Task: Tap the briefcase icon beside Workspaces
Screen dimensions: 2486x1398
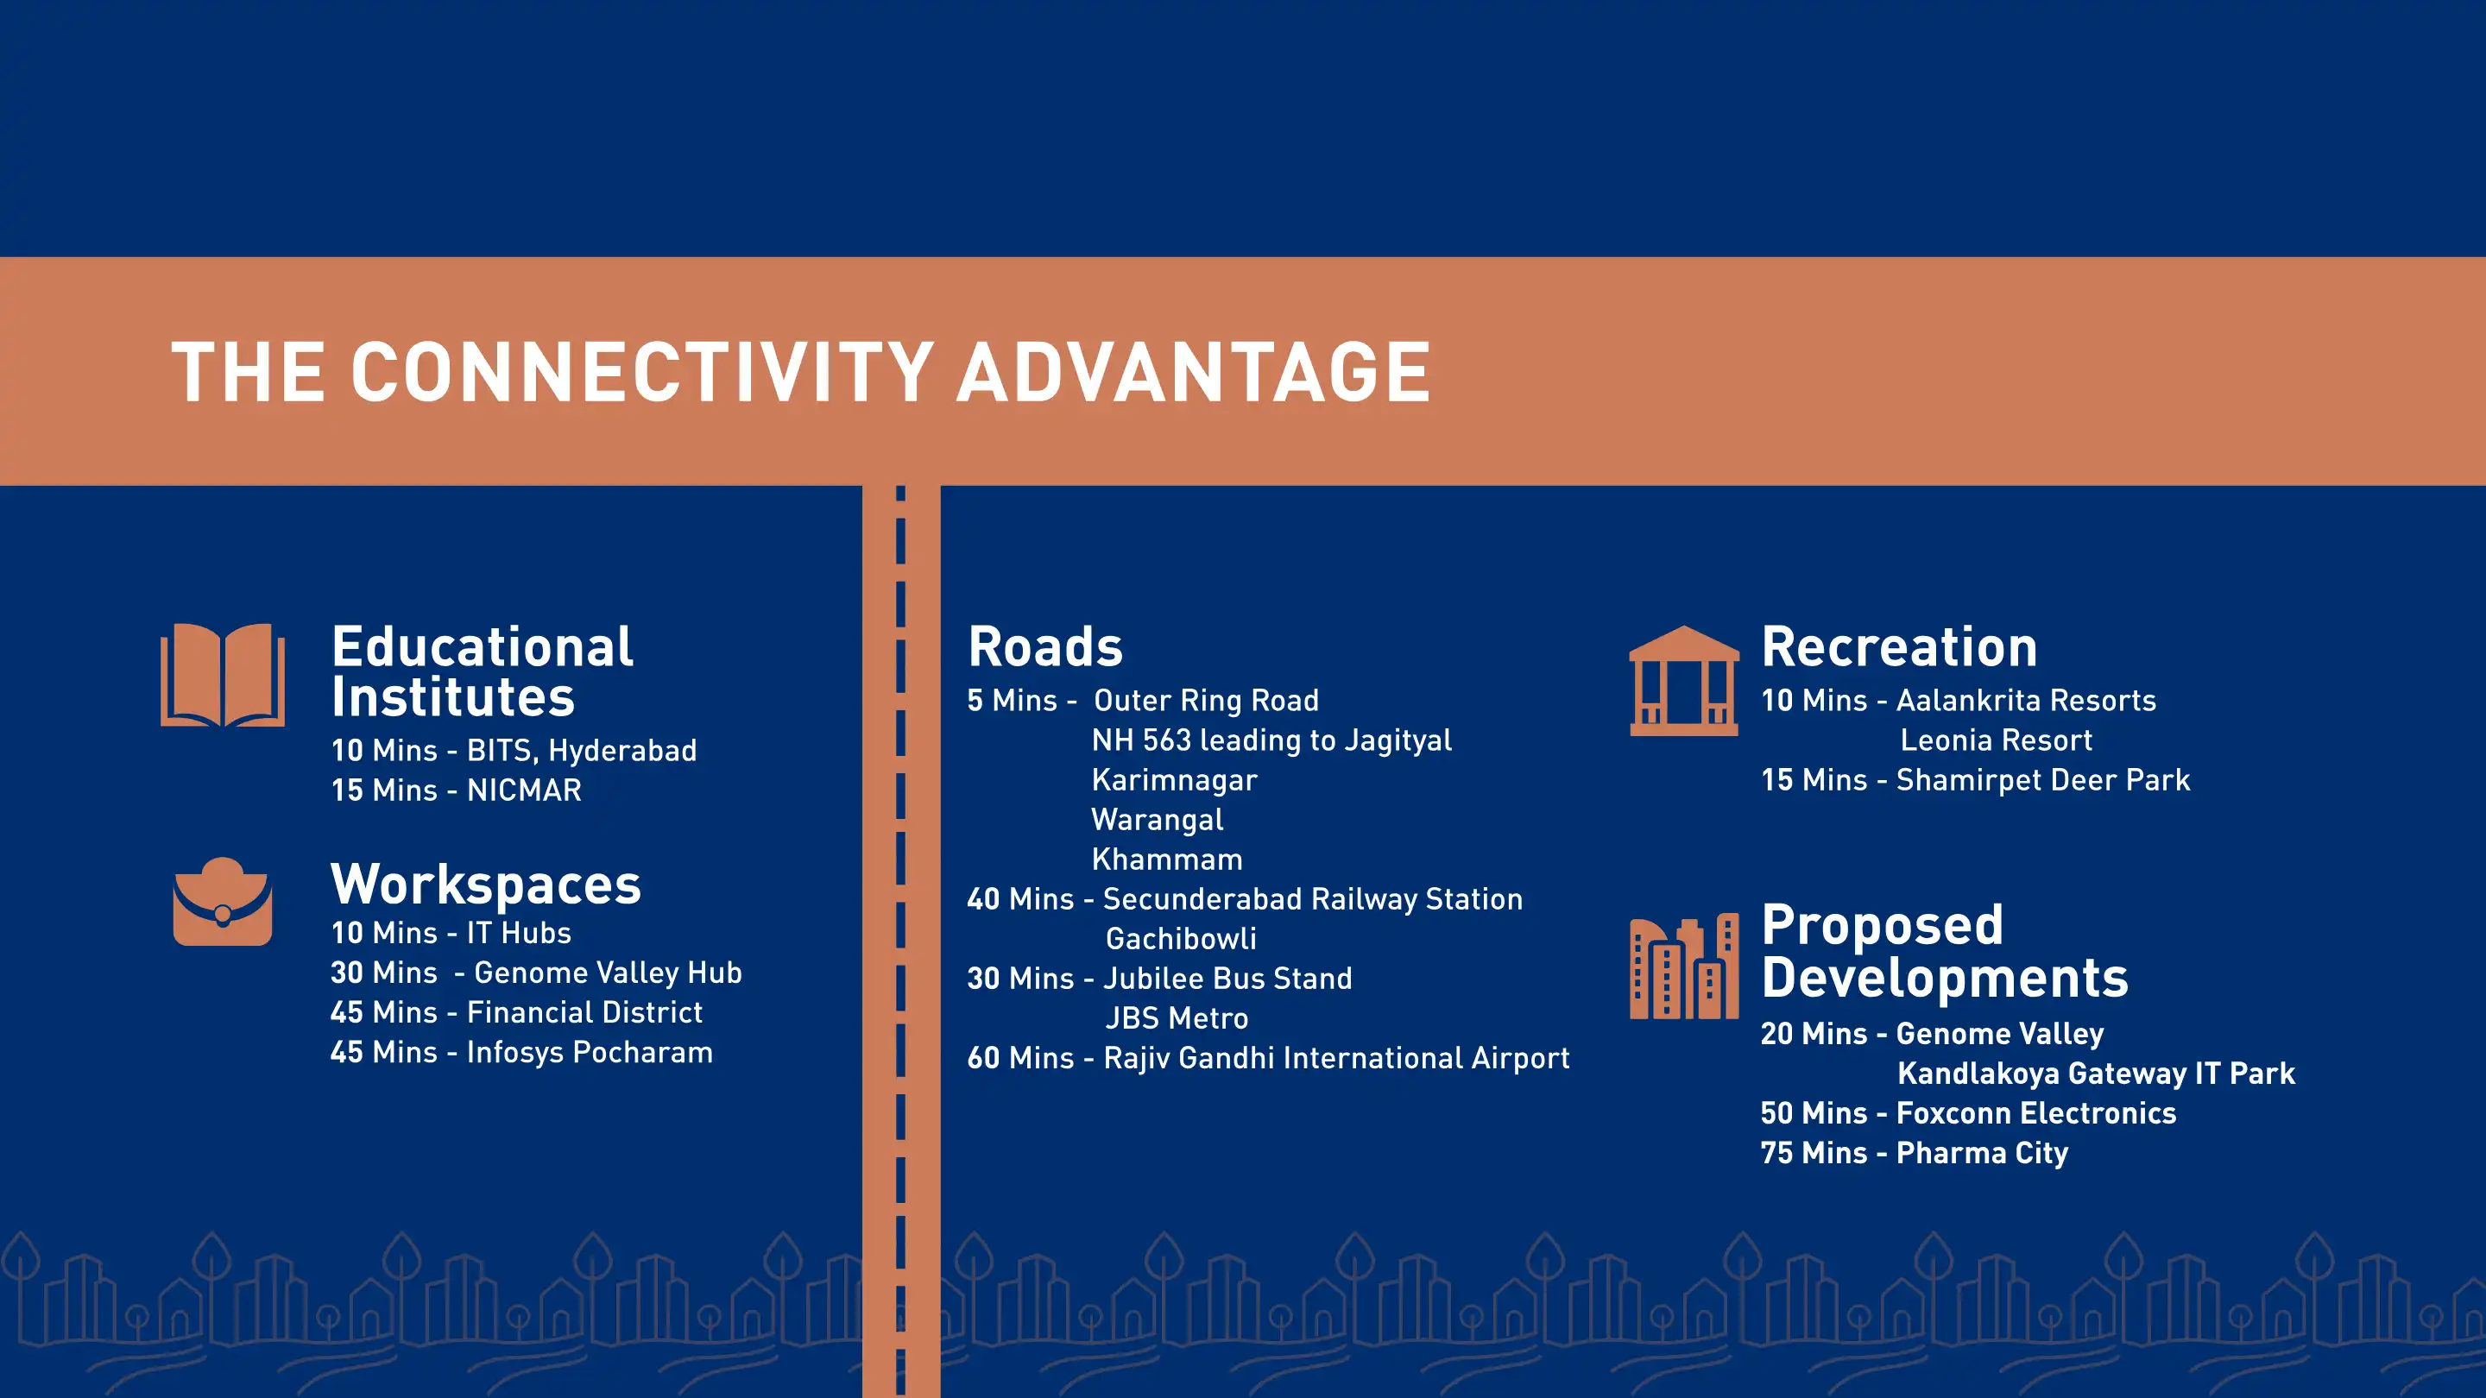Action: click(223, 902)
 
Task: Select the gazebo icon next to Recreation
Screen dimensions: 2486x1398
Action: click(1684, 680)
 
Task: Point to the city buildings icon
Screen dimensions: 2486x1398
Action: click(1684, 966)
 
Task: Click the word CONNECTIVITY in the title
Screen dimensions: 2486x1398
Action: click(641, 373)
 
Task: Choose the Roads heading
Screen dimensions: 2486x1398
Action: click(1045, 646)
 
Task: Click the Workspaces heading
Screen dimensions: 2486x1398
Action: click(485, 885)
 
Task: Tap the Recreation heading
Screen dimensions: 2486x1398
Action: click(1899, 646)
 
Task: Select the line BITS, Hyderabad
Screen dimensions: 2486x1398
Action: click(582, 751)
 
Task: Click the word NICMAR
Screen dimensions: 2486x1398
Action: click(524, 790)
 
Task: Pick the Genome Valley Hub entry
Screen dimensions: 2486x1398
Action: click(608, 973)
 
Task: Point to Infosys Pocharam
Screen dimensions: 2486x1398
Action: click(590, 1052)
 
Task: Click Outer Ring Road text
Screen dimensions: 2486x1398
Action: click(1207, 701)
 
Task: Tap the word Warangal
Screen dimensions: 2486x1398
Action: click(1157, 820)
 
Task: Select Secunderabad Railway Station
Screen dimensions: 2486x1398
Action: click(1312, 899)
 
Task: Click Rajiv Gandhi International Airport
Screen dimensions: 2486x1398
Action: click(1336, 1058)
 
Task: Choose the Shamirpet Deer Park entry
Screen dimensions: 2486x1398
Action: click(2043, 779)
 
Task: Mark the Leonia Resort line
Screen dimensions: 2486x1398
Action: click(1996, 740)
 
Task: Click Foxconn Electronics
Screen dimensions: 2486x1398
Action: click(2036, 1113)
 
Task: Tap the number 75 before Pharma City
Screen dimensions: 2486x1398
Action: click(1776, 1153)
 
